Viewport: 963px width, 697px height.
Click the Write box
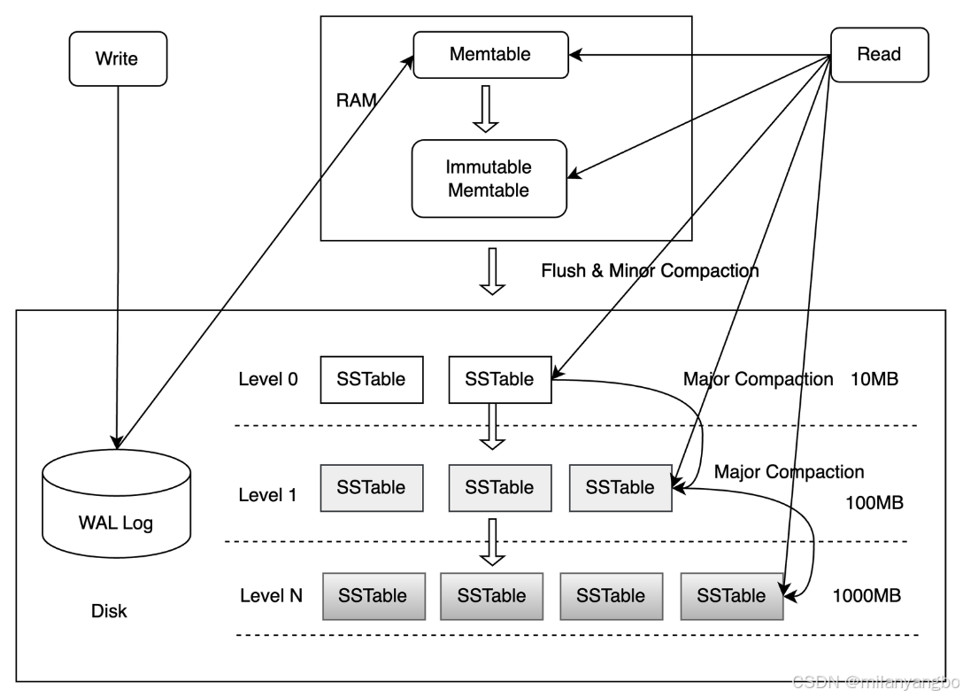tap(118, 58)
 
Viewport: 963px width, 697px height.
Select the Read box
tap(879, 55)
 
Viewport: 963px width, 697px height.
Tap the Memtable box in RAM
tap(489, 54)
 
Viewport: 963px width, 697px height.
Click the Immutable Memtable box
tap(489, 178)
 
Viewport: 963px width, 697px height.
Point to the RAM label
tap(356, 100)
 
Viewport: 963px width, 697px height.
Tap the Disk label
tap(109, 611)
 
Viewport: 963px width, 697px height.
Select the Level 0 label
tap(268, 379)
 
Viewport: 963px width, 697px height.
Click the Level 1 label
tap(267, 495)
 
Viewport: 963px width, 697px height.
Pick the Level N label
tap(271, 595)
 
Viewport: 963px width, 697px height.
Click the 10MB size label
tap(874, 379)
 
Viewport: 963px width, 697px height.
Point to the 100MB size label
tap(874, 503)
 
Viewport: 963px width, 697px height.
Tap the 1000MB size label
tap(867, 595)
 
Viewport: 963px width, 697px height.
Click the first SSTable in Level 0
tap(371, 379)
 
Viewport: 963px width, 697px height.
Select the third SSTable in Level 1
tap(620, 487)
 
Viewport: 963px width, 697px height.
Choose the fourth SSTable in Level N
tap(731, 595)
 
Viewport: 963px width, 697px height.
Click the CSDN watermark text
tap(874, 681)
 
